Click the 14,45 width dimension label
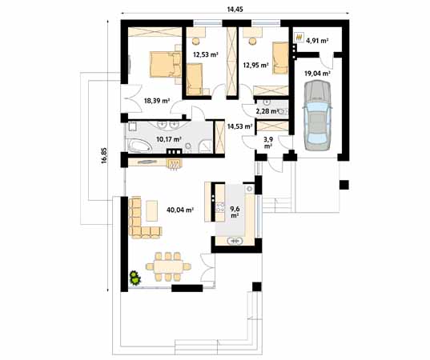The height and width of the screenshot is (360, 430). coord(235,10)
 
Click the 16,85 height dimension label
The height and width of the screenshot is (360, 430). coord(104,156)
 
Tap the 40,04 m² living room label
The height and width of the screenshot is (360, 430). coord(180,210)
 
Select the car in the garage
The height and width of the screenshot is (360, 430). coord(317,115)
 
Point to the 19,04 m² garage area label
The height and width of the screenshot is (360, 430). coord(317,74)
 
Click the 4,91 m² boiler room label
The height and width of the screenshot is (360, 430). coord(317,41)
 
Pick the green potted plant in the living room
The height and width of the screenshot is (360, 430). coord(135,278)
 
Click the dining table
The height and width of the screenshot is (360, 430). coord(168,266)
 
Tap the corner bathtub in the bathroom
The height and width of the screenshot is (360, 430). coord(139,146)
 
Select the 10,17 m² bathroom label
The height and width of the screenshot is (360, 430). coord(169,139)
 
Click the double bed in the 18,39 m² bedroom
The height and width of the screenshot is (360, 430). coord(166,64)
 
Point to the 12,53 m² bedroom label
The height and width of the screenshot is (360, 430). coord(206,54)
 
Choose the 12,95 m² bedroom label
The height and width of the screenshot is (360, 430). coord(255,66)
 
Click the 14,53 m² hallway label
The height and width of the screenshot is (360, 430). coord(239,126)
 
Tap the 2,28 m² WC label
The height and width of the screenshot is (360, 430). coord(267,111)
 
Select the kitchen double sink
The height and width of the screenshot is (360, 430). coord(235,241)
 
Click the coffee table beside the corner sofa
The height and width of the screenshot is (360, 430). coord(151,210)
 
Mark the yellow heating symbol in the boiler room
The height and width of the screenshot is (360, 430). coord(299,37)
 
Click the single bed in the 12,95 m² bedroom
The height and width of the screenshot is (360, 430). coord(280,58)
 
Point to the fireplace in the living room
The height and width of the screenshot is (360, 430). coord(175,164)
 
